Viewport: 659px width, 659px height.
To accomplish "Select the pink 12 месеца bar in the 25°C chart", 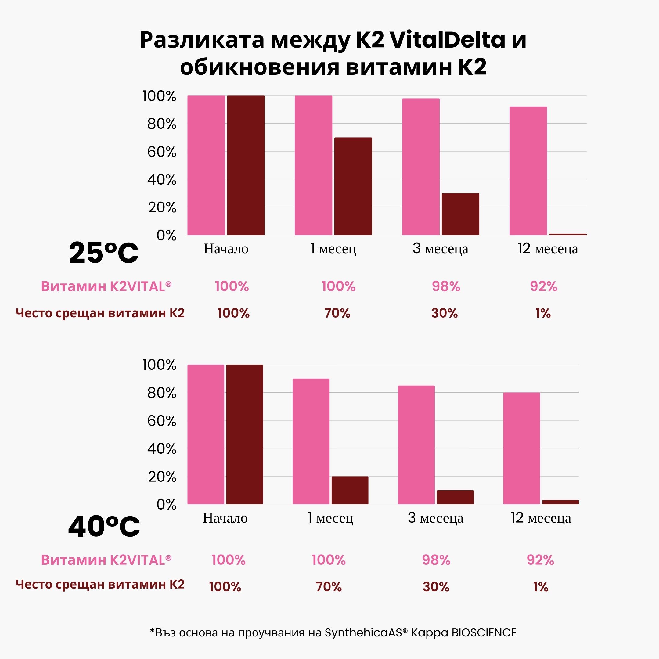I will coord(528,171).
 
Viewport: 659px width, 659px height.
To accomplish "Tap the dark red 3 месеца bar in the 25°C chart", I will coord(460,214).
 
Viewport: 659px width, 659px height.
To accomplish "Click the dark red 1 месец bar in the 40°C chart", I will coord(350,490).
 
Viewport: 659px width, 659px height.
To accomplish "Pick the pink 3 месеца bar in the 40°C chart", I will coord(416,445).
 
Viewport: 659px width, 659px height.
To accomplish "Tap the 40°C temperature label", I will coord(104,527).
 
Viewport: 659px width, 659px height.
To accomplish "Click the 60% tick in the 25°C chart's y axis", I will coord(162,152).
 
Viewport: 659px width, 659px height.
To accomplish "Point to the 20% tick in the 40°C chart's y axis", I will coord(162,477).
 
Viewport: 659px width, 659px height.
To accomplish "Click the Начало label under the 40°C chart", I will coord(225,518).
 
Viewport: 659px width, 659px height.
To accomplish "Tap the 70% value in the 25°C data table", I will coord(337,313).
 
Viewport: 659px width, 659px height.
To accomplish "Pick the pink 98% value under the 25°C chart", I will coord(446,286).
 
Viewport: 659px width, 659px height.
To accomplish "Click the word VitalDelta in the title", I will coord(447,40).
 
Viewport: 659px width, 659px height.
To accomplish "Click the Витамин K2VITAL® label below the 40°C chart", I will coord(106,560).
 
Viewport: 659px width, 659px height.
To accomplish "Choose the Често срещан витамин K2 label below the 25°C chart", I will coord(100,313).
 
